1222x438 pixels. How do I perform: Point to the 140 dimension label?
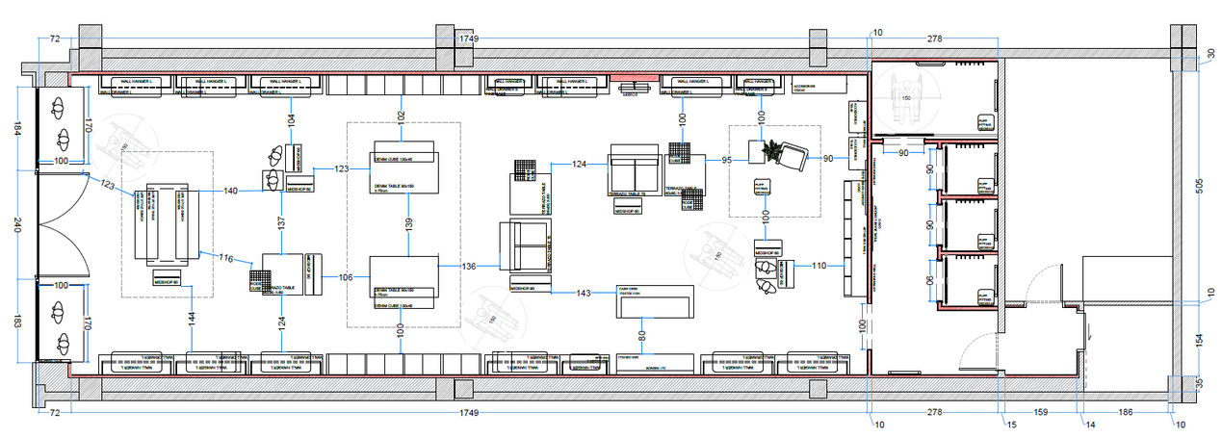click(x=231, y=192)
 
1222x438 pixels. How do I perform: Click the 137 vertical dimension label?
click(x=281, y=222)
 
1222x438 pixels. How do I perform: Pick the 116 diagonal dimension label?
click(x=226, y=258)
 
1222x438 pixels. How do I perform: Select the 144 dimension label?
click(x=192, y=316)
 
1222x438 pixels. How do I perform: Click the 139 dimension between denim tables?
click(x=412, y=223)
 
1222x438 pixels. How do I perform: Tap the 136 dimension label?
click(x=469, y=266)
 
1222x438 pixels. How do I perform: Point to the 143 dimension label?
click(x=584, y=293)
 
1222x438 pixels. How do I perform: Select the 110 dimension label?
click(x=819, y=266)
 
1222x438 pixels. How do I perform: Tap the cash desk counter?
click(x=655, y=302)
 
